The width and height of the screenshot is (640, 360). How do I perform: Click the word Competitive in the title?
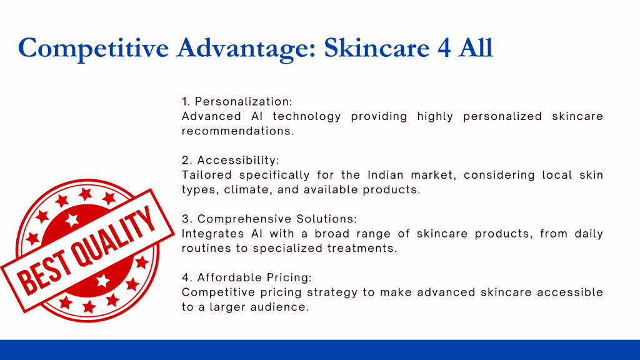pyautogui.click(x=94, y=48)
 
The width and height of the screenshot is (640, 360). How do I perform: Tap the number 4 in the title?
pyautogui.click(x=444, y=47)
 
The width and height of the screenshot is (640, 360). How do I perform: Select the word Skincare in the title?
pyautogui.click(x=377, y=47)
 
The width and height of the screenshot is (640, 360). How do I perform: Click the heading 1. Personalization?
pyautogui.click(x=237, y=101)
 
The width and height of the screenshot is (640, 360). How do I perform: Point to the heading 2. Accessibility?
pyautogui.click(x=231, y=160)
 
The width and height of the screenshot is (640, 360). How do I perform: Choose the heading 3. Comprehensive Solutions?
pyautogui.click(x=269, y=219)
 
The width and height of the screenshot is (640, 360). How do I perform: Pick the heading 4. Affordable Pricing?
pyautogui.click(x=246, y=277)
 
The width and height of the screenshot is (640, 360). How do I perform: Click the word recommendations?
pyautogui.click(x=238, y=131)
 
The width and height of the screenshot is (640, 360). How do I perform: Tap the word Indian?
pyautogui.click(x=384, y=175)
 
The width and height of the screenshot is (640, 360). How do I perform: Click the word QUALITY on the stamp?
pyautogui.click(x=114, y=237)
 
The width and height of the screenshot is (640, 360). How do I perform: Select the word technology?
pyautogui.click(x=307, y=116)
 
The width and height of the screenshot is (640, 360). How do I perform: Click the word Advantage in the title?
pyautogui.click(x=246, y=48)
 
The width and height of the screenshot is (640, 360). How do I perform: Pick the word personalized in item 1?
pyautogui.click(x=502, y=116)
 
